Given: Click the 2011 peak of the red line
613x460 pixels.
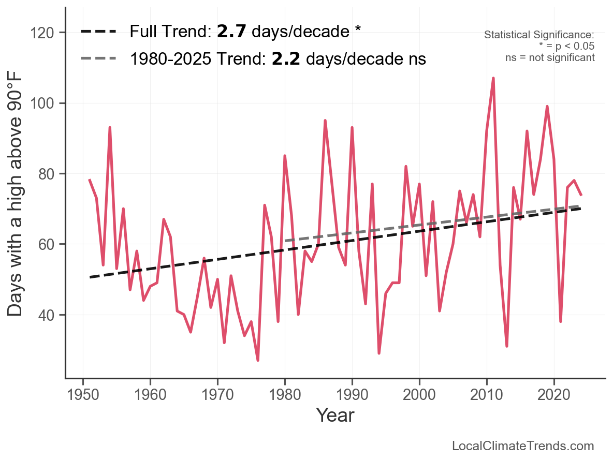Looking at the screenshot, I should coord(493,78).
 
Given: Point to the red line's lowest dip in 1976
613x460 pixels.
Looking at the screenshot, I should coord(258,360).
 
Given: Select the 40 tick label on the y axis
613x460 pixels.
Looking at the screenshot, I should coord(50,315).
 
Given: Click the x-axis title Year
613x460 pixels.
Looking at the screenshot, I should coord(335,415).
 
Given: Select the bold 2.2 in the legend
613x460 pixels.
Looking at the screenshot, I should coord(286,59).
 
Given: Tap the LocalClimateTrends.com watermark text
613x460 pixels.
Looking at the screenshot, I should coord(523,446).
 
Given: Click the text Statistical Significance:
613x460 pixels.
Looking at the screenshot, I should coord(539,35).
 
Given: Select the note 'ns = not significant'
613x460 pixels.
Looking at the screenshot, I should coord(550,57).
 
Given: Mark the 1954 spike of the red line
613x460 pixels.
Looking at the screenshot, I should coord(110,127).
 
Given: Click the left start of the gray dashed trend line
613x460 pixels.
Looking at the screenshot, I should coord(285,241).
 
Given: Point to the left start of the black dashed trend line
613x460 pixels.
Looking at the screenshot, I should coord(90,277).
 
